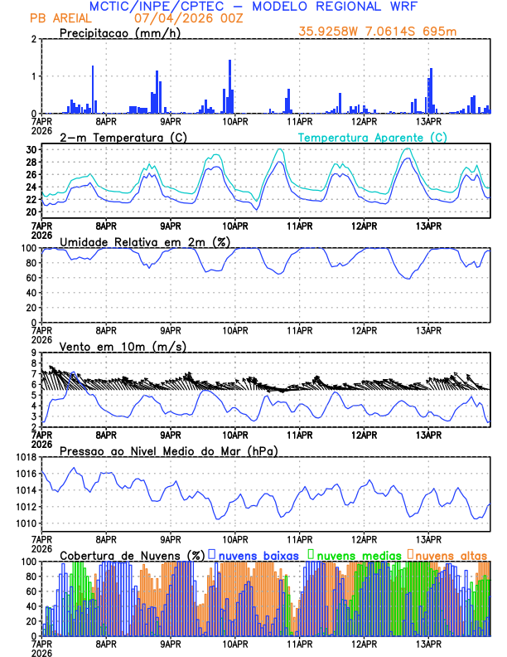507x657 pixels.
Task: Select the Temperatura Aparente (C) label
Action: pyautogui.click(x=373, y=137)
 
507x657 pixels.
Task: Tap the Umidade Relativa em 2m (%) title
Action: pyautogui.click(x=145, y=241)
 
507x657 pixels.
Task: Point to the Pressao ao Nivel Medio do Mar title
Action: pyautogui.click(x=169, y=450)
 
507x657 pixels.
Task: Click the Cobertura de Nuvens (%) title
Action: pyautogui.click(x=132, y=554)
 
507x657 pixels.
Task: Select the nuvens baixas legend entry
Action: pyautogui.click(x=255, y=554)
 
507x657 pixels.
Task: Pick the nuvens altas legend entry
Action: pyautogui.click(x=451, y=554)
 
